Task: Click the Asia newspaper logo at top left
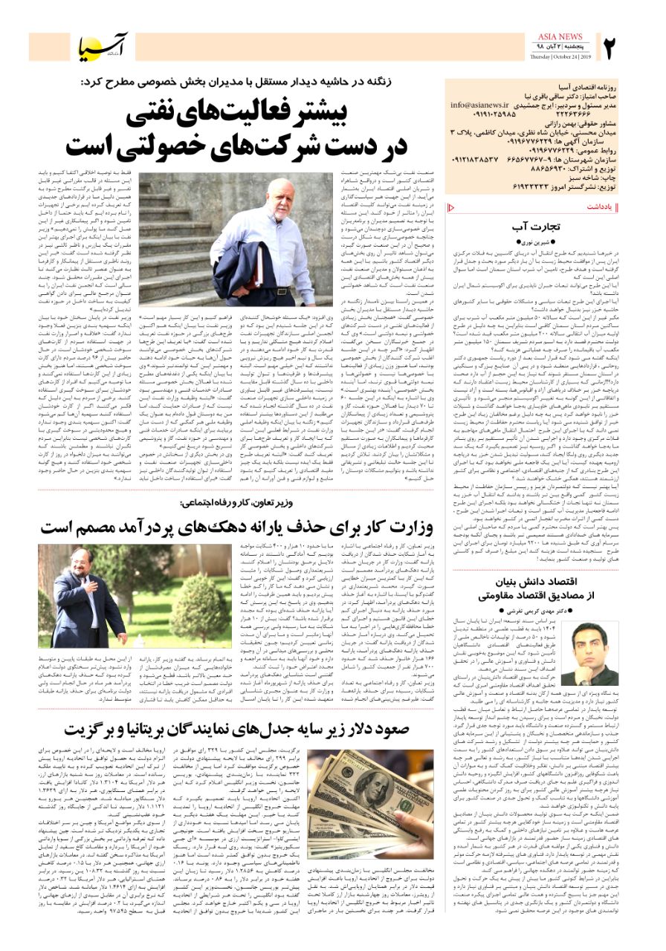[x=104, y=48]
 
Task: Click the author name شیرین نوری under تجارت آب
[x=538, y=242]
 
